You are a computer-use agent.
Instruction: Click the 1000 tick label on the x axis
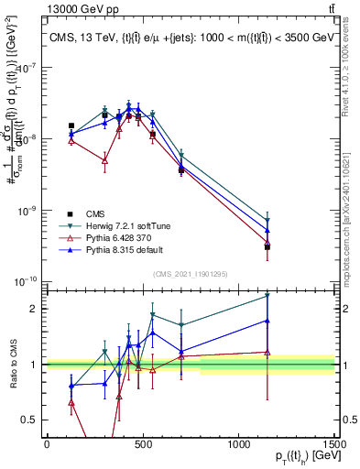tap(239, 444)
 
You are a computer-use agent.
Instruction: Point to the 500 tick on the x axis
tap(143, 444)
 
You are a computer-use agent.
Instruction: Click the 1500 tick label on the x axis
tap(334, 444)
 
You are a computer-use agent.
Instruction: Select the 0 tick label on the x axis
tap(47, 444)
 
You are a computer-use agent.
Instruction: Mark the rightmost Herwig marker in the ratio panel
tap(267, 296)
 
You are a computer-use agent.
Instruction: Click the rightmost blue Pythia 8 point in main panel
tap(267, 230)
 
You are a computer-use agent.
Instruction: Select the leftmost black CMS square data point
tap(71, 125)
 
